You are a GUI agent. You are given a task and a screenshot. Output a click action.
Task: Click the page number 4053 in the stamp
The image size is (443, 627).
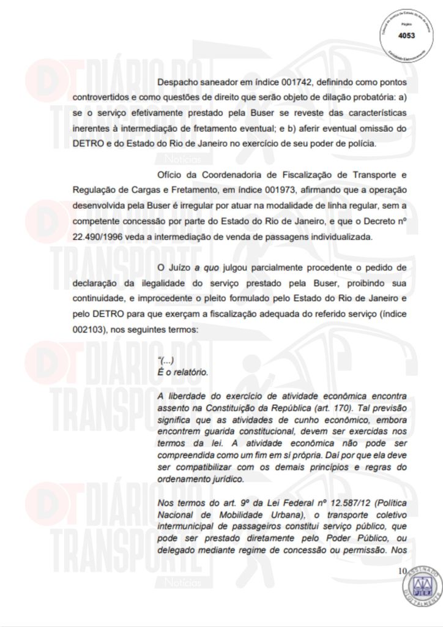click(406, 36)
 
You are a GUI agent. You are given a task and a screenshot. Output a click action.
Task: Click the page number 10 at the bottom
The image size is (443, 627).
click(402, 571)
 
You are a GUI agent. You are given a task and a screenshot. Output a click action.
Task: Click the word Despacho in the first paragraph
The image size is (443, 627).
click(177, 81)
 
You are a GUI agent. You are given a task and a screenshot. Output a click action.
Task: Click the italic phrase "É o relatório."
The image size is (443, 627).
click(182, 372)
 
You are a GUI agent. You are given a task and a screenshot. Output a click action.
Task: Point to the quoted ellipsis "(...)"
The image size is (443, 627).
click(166, 361)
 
